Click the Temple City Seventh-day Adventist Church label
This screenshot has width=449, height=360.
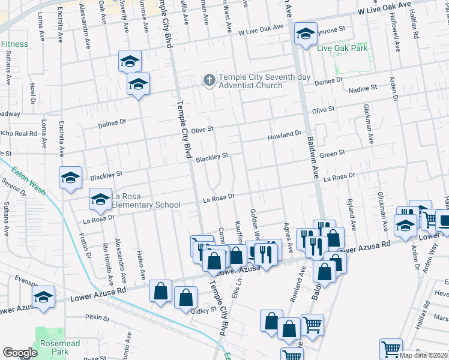click(x=250, y=81)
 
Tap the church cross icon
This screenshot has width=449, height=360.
click(x=209, y=80)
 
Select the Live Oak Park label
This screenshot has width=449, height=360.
click(x=342, y=48)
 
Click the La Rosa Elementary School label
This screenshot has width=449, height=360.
click(x=143, y=200)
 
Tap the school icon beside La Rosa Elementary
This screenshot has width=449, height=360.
click(x=100, y=199)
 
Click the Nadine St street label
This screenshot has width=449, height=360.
click(x=363, y=88)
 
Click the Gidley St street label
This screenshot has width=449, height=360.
click(x=202, y=310)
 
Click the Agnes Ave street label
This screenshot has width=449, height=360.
click(x=289, y=239)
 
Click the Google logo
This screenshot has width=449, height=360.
click(x=20, y=353)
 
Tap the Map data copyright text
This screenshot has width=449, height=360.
click(x=424, y=355)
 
